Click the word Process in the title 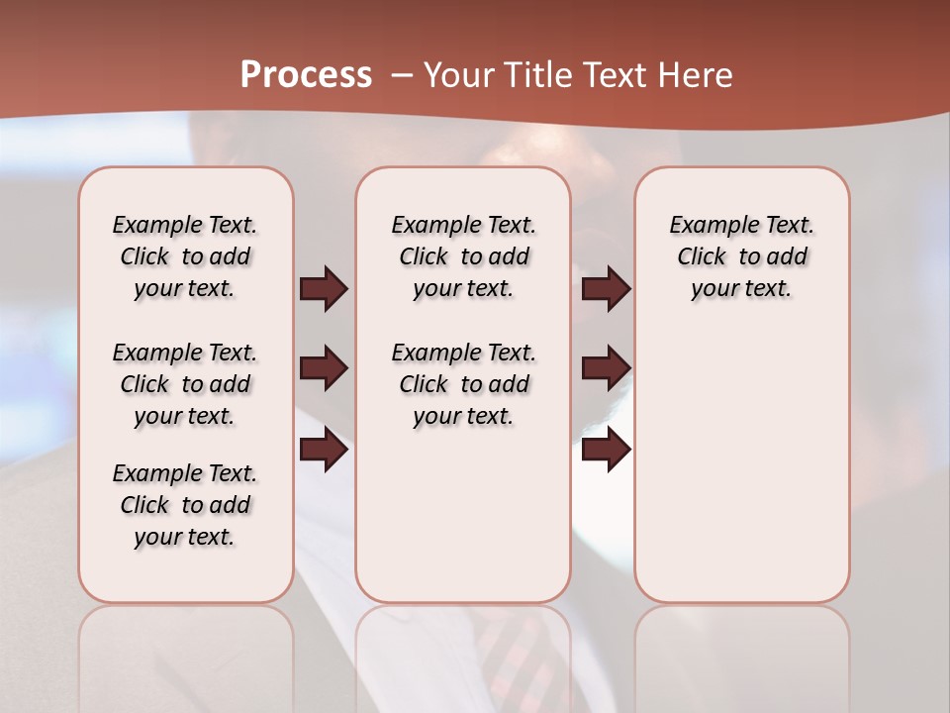click(x=306, y=75)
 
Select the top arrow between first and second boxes click(x=324, y=288)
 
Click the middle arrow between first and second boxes click(x=324, y=368)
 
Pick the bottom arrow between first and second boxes click(x=324, y=450)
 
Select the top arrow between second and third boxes click(x=606, y=288)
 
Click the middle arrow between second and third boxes click(x=606, y=368)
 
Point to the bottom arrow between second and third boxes click(x=606, y=450)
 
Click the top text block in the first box click(x=185, y=256)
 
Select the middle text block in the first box click(x=185, y=384)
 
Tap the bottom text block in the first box click(x=185, y=505)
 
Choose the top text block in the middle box click(x=463, y=256)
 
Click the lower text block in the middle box click(x=463, y=384)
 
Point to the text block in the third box click(x=741, y=256)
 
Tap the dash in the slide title click(x=402, y=75)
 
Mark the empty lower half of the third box click(x=741, y=475)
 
